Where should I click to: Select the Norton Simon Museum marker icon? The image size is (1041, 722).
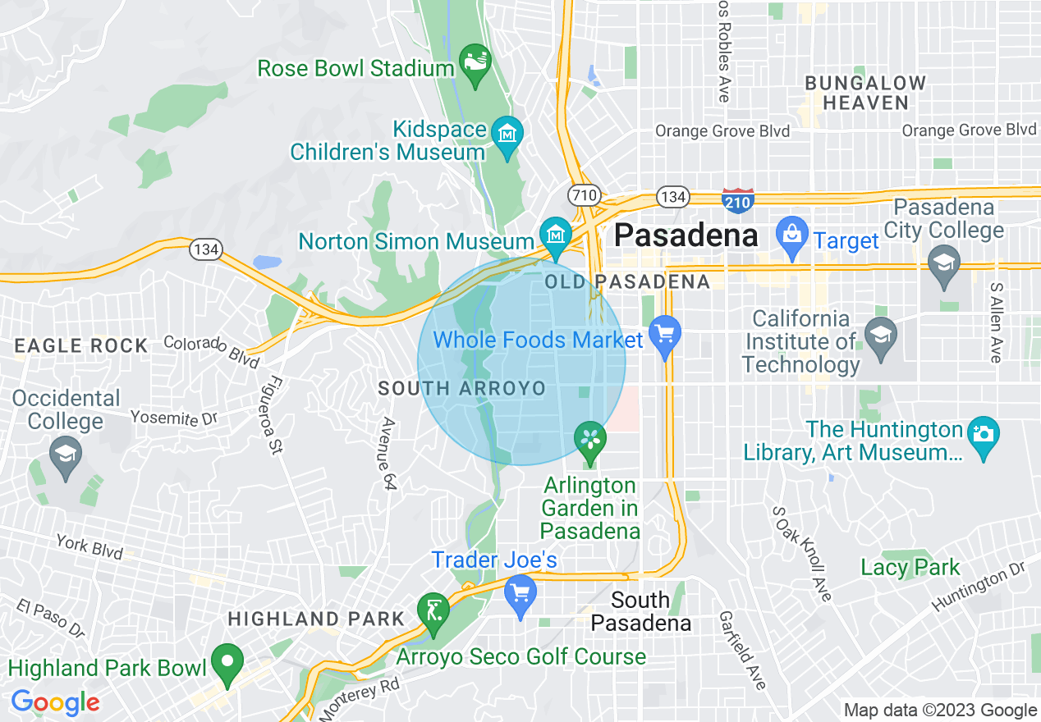[x=556, y=233]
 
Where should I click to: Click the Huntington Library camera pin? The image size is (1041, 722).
[x=983, y=432]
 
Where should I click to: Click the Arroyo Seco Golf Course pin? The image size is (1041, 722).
[x=433, y=610]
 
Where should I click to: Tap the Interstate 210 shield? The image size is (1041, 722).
[x=738, y=199]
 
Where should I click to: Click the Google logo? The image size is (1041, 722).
[x=55, y=702]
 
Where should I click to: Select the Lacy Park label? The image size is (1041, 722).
[x=910, y=567]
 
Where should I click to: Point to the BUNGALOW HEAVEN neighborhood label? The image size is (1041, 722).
[x=865, y=93]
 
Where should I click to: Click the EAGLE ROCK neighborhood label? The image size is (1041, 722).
[x=80, y=345]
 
